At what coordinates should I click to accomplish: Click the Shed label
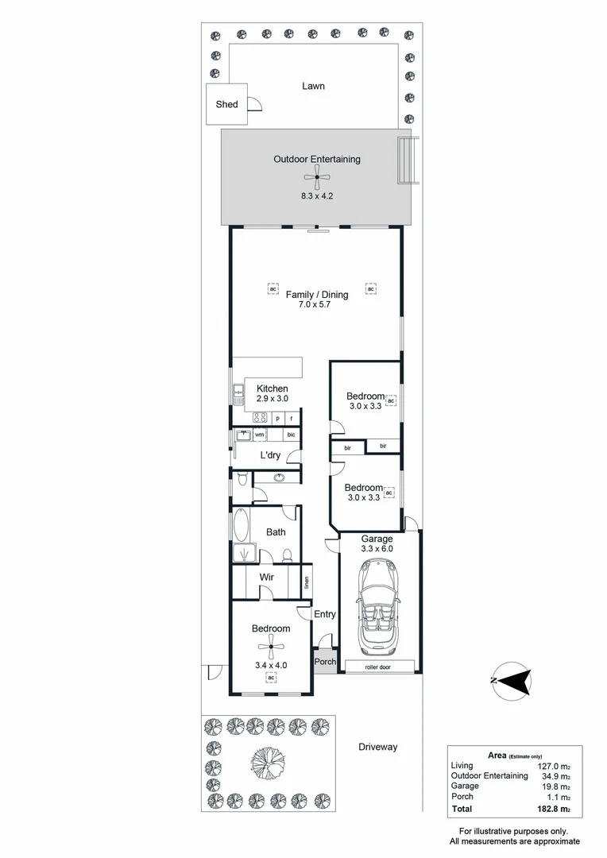(x=226, y=104)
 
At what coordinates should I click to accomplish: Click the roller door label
(x=380, y=666)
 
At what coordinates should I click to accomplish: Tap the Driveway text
(x=377, y=747)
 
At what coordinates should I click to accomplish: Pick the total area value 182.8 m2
(x=553, y=809)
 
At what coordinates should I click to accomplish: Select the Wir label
(x=267, y=577)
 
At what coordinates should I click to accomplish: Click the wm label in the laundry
(x=259, y=435)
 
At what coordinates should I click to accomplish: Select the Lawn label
(x=313, y=86)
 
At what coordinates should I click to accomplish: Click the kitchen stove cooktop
(x=260, y=418)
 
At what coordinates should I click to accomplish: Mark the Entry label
(x=325, y=614)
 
